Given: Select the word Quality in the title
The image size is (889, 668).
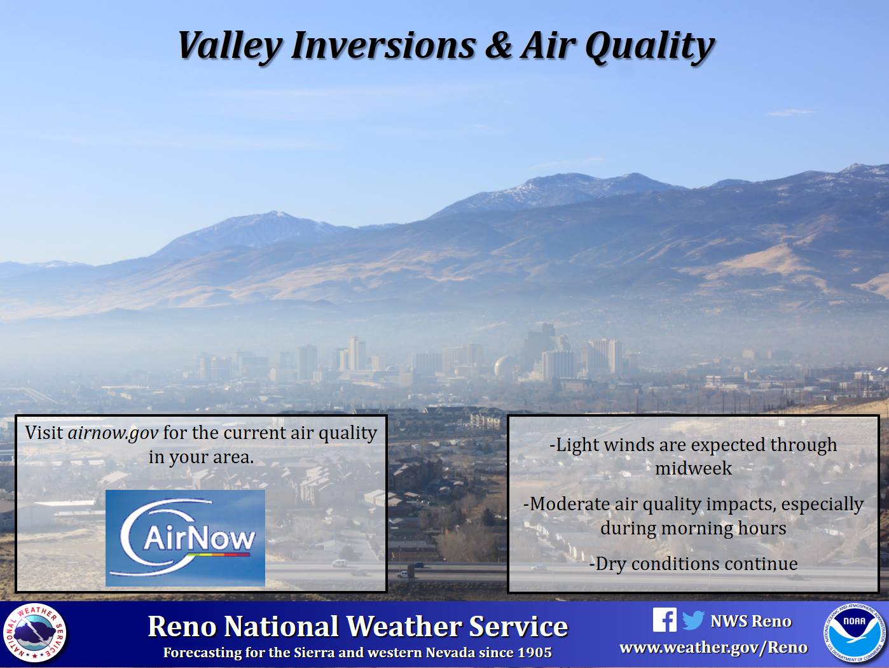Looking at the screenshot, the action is [649, 48].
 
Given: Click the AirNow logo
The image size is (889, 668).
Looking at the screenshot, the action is [185, 538].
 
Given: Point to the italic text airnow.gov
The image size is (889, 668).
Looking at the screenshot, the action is [113, 433].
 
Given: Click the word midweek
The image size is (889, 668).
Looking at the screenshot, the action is [693, 468].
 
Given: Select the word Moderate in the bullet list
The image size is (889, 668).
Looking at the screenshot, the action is [569, 504].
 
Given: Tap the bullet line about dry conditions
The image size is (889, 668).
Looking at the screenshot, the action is [693, 564].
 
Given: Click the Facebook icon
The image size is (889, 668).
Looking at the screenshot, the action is [665, 620].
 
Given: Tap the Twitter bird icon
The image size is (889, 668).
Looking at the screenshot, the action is [693, 620].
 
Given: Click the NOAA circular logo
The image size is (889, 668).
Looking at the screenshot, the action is [854, 634].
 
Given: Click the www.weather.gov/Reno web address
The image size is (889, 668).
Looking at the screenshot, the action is [713, 648].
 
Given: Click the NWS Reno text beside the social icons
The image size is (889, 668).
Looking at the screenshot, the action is [751, 621].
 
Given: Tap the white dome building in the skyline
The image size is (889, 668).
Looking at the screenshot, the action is [501, 366].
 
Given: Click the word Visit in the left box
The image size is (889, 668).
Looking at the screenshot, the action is [44, 433].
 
